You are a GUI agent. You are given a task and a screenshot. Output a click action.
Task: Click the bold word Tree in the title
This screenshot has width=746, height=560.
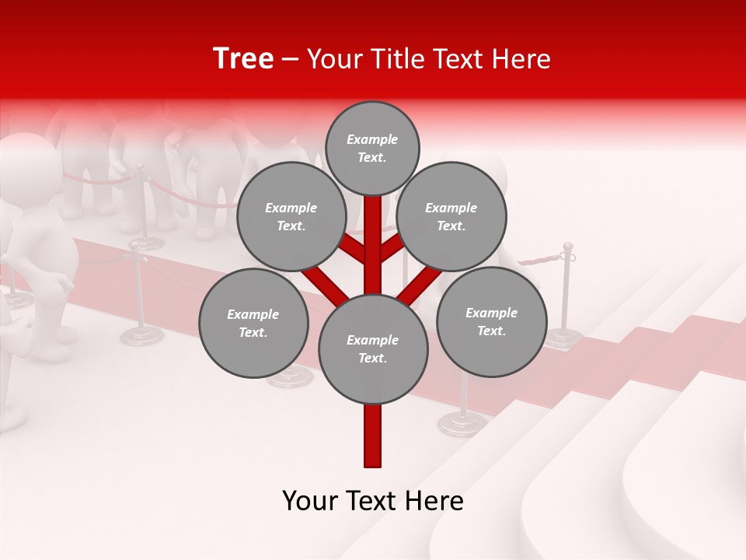click(243, 59)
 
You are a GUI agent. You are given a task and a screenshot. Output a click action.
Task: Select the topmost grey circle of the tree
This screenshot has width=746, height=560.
click(372, 148)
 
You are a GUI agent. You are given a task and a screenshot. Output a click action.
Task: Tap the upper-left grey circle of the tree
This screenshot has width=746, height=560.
click(291, 216)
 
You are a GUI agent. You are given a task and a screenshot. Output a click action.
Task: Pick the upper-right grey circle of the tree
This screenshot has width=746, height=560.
click(451, 216)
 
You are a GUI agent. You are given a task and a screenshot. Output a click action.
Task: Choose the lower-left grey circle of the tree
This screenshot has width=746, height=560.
click(253, 323)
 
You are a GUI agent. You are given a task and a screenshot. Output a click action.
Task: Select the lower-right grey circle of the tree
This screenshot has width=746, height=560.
click(492, 321)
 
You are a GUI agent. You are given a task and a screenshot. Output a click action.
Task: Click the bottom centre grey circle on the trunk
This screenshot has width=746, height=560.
click(373, 348)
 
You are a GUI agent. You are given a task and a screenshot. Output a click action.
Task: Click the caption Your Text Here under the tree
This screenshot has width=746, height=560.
click(373, 501)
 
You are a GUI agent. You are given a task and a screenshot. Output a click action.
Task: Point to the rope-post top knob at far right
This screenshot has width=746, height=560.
click(568, 247)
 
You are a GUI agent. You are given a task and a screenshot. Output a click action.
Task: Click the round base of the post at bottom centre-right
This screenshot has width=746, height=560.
click(462, 424)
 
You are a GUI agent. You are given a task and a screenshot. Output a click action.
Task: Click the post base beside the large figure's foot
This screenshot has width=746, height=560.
click(142, 336)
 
